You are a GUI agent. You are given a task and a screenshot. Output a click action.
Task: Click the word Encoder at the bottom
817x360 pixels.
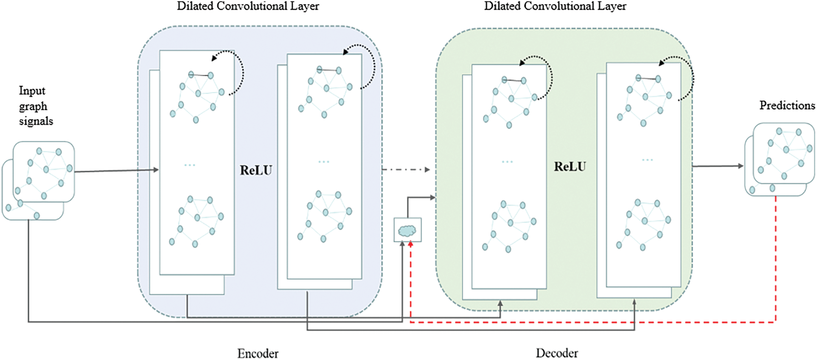258,353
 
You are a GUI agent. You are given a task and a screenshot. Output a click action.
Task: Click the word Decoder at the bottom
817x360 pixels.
557,353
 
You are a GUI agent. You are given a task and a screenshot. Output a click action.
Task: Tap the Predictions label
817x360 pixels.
787,105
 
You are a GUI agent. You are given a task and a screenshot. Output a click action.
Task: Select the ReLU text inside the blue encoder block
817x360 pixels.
256,170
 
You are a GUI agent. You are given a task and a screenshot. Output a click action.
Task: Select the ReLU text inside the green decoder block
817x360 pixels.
570,167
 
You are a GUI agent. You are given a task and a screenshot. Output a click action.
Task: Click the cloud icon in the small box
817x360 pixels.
407,231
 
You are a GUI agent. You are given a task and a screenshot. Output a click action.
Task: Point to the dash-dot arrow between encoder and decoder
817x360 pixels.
406,170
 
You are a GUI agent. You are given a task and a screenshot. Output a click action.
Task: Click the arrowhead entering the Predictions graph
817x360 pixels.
741,166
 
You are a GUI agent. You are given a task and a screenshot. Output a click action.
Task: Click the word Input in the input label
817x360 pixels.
32,91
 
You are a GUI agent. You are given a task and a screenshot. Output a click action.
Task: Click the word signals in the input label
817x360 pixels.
36,121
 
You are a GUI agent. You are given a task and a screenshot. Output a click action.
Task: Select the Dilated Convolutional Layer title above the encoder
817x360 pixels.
248,6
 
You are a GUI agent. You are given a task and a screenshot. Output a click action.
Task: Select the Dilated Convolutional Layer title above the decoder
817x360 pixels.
555,6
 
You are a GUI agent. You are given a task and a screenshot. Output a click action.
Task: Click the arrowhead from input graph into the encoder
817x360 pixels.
155,170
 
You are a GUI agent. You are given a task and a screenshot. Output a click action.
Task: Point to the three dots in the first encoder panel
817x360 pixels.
190,165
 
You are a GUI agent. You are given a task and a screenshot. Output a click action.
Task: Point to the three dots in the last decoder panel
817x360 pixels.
647,160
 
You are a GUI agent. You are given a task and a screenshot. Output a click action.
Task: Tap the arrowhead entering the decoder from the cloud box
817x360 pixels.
433,198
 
